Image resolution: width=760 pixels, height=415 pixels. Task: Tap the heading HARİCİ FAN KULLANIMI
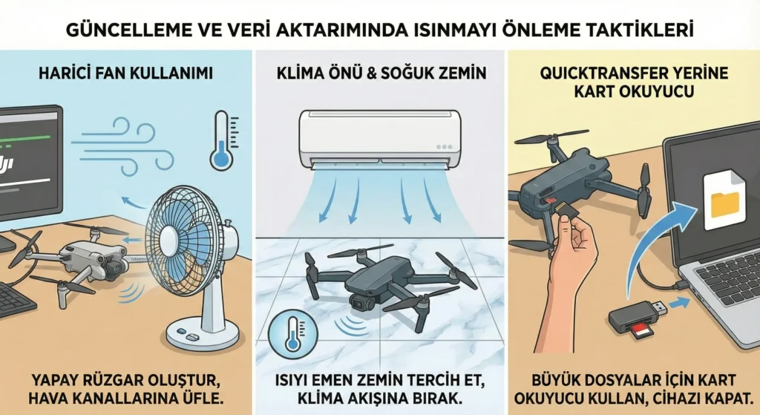pyautogui.click(x=125, y=73)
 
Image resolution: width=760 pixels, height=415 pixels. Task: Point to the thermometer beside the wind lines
pyautogui.click(x=221, y=140)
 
